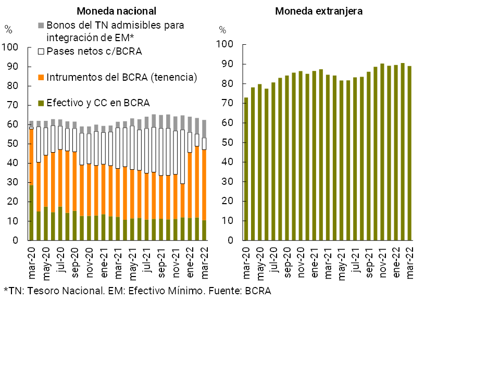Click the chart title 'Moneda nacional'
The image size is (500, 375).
pos(116,11)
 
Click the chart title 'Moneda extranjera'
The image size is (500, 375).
pos(319,11)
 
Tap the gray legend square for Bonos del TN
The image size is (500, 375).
pos(41,25)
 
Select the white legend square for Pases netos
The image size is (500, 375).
pos(41,52)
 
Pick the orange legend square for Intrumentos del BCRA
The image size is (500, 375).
pos(41,78)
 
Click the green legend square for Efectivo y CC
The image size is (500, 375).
pos(41,103)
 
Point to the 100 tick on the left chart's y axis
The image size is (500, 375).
pos(10,48)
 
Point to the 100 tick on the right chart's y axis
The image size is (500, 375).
pos(226,45)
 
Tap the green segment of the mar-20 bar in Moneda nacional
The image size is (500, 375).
pos(32,213)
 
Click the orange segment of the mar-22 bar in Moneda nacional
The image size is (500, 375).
pos(204,185)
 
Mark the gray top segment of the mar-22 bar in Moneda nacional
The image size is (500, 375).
pos(204,129)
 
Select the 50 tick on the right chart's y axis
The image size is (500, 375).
pos(228,143)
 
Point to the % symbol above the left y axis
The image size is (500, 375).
pos(8,30)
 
